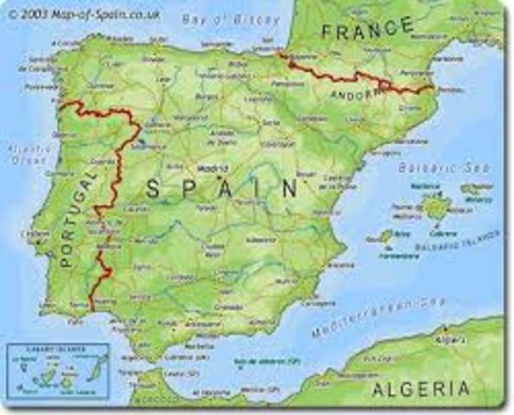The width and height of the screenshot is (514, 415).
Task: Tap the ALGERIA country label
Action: click(x=421, y=389)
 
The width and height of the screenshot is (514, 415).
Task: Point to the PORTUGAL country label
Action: click(x=75, y=217)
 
